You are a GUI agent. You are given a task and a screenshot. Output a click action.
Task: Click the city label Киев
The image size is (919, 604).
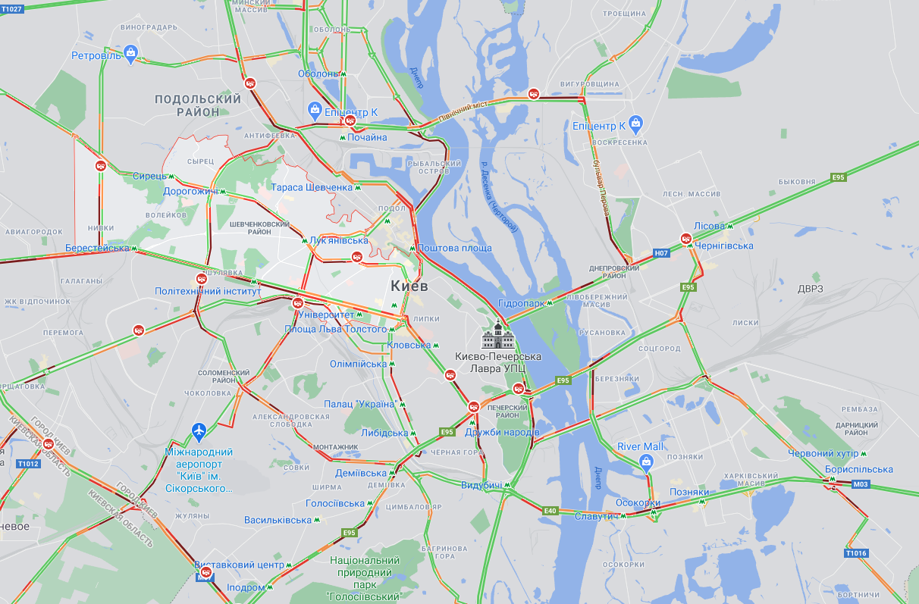click(x=409, y=286)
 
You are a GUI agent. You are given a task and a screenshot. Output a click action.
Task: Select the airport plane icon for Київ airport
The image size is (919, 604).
click(x=199, y=431)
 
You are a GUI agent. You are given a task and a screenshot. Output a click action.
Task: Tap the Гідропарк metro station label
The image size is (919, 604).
click(x=522, y=303)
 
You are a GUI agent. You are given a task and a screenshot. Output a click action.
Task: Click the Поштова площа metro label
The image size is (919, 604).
click(x=454, y=248)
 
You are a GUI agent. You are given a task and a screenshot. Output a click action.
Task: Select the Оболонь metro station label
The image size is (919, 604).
click(x=318, y=74)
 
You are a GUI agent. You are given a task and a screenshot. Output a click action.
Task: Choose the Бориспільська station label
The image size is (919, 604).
click(x=858, y=469)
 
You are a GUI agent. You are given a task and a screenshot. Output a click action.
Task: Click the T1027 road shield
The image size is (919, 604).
click(x=12, y=8)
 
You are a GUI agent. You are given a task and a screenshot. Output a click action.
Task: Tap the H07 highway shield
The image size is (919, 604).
click(x=661, y=252)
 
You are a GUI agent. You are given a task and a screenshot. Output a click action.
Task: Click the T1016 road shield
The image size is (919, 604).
click(x=855, y=553)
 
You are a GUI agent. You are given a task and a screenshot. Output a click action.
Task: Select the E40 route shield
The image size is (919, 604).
click(x=550, y=511)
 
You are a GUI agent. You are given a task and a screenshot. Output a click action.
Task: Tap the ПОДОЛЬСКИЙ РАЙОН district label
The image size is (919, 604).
click(x=198, y=105)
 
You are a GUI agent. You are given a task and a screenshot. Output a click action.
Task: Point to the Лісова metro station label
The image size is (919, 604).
click(x=709, y=226)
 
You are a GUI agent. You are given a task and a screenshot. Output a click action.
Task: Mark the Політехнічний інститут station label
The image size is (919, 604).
click(x=208, y=291)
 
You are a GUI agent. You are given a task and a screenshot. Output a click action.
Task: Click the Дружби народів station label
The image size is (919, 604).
click(x=502, y=432)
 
